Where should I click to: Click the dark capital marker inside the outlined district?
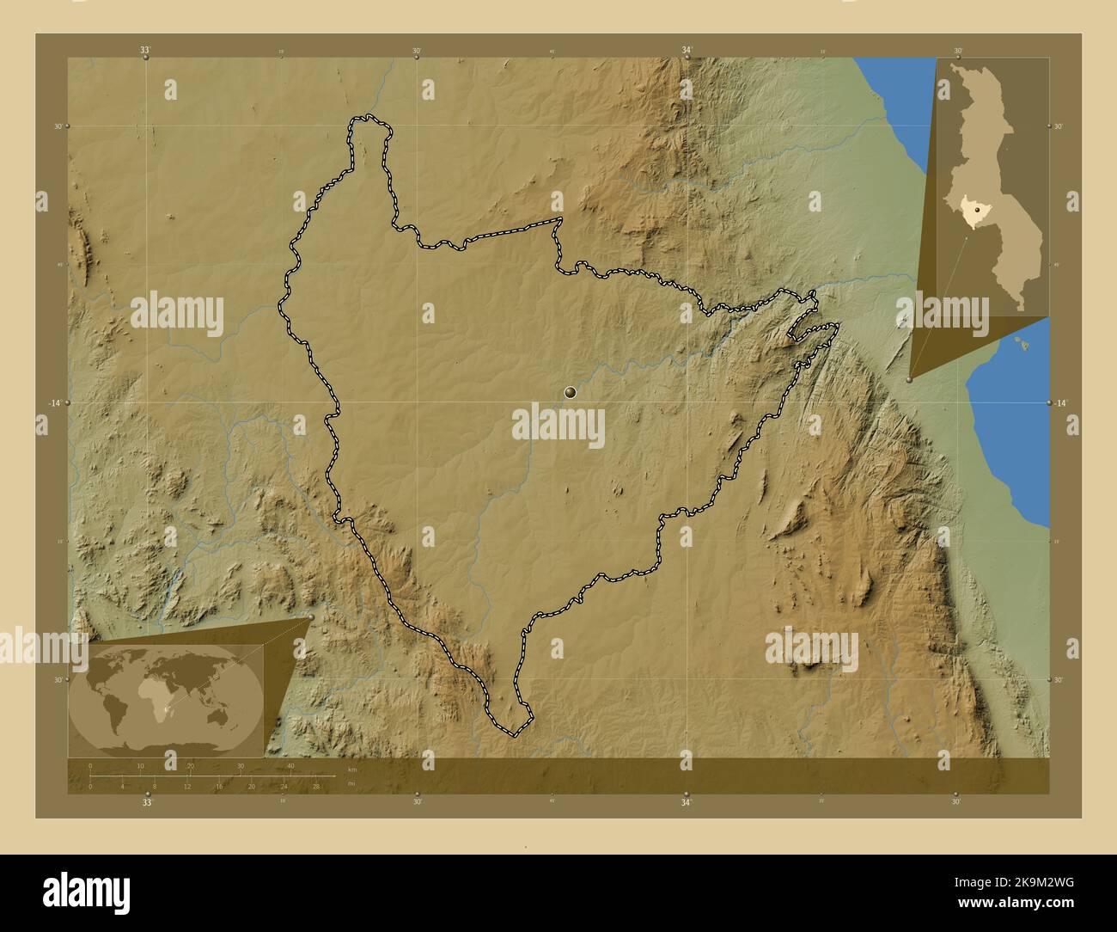pos(570,393)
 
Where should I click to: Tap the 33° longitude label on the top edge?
pos(146,50)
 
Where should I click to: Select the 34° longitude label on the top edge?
pos(686,50)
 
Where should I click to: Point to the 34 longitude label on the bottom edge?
pos(686,803)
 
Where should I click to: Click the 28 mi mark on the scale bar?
pos(316,786)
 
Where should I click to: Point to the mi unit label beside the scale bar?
pos(351,782)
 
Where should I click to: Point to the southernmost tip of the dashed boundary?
pos(513,736)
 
